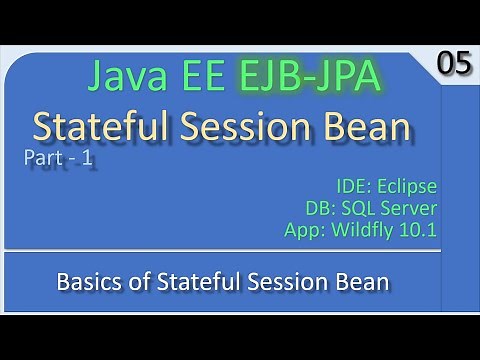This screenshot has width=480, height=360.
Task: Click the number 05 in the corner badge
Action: (x=452, y=64)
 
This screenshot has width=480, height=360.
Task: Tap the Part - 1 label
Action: (x=60, y=159)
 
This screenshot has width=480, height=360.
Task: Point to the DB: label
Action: (x=322, y=209)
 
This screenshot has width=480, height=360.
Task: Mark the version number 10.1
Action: (x=420, y=232)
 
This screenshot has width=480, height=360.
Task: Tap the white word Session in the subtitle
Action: (x=269, y=282)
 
